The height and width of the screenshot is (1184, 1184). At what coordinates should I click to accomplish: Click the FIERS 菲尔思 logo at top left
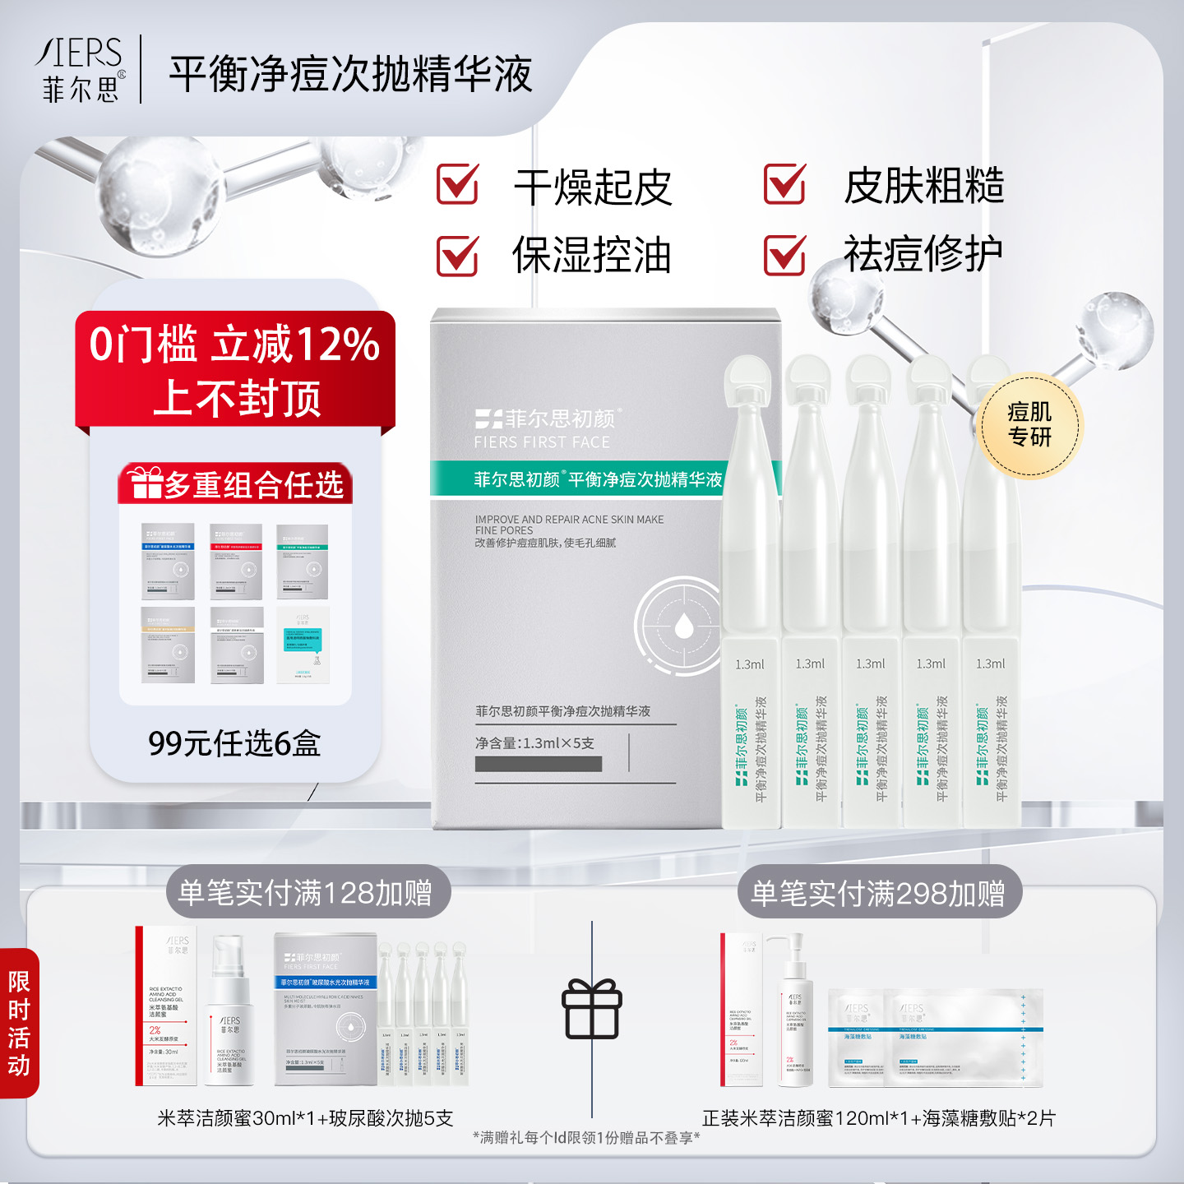pyautogui.click(x=81, y=70)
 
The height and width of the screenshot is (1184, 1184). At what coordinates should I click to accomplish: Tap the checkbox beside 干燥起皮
pyautogui.click(x=457, y=184)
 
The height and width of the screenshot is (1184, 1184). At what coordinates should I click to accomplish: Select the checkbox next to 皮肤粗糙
pyautogui.click(x=784, y=184)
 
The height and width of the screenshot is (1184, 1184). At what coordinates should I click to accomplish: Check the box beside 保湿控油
pyautogui.click(x=457, y=255)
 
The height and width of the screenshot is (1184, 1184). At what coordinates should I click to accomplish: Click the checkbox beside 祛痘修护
pyautogui.click(x=784, y=255)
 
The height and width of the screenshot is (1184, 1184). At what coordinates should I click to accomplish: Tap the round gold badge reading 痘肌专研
pyautogui.click(x=1030, y=425)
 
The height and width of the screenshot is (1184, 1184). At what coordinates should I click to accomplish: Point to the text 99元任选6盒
pyautogui.click(x=234, y=743)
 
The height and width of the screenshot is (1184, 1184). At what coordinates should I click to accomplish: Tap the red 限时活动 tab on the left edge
pyautogui.click(x=19, y=1023)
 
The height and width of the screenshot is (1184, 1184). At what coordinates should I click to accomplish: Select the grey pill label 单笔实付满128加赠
pyautogui.click(x=306, y=892)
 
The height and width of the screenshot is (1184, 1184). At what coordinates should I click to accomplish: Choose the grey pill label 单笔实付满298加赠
pyautogui.click(x=878, y=892)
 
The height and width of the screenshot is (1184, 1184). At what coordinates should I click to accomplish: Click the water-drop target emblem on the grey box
pyautogui.click(x=682, y=627)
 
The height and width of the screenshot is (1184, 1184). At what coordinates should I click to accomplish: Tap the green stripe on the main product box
pyautogui.click(x=576, y=479)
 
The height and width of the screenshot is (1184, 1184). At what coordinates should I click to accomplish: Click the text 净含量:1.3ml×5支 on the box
pyautogui.click(x=534, y=743)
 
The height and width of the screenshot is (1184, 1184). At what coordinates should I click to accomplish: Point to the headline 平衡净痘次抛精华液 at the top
pyautogui.click(x=351, y=74)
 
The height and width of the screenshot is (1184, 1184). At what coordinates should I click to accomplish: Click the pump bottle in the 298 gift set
pyautogui.click(x=795, y=1011)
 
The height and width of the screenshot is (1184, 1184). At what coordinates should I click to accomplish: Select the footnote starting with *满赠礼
pyautogui.click(x=586, y=1138)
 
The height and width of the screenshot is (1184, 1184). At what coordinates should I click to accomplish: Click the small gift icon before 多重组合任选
pyautogui.click(x=146, y=483)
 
